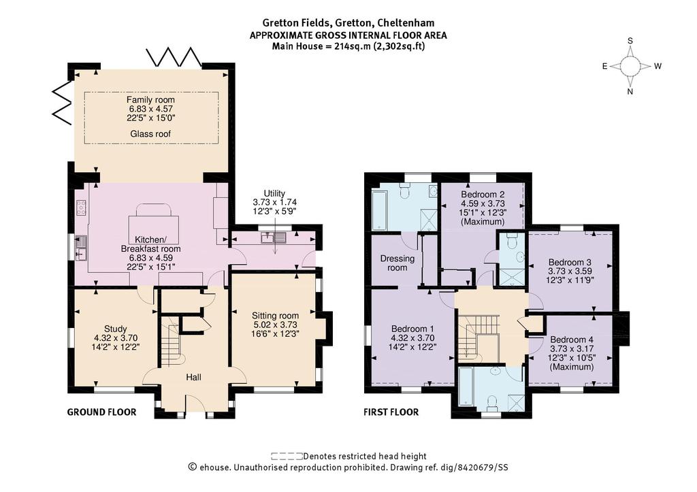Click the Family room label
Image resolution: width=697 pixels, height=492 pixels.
click(x=150, y=99)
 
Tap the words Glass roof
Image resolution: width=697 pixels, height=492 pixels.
click(x=150, y=134)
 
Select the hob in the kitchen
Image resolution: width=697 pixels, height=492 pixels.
click(x=82, y=208)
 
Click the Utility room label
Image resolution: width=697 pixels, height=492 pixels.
click(x=274, y=193)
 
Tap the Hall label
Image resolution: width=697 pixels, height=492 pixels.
click(x=193, y=377)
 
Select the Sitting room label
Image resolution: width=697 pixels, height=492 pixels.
click(x=275, y=316)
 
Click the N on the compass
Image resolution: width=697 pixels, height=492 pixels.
click(x=630, y=92)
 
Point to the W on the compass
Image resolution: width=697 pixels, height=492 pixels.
click(x=658, y=66)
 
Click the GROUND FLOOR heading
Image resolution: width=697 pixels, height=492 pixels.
click(x=102, y=412)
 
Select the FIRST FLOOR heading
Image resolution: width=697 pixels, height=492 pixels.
click(x=391, y=412)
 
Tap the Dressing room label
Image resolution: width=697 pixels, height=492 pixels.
click(x=397, y=263)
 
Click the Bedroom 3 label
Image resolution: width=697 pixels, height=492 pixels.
click(x=570, y=262)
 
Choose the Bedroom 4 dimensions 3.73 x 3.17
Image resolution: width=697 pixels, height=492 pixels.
click(x=572, y=349)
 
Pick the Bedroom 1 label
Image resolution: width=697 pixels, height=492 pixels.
click(x=413, y=329)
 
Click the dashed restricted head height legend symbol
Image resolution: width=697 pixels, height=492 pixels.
click(x=287, y=456)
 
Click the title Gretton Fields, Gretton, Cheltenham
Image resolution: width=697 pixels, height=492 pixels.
click(x=348, y=22)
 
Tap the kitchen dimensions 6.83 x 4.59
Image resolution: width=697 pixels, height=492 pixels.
click(x=150, y=258)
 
